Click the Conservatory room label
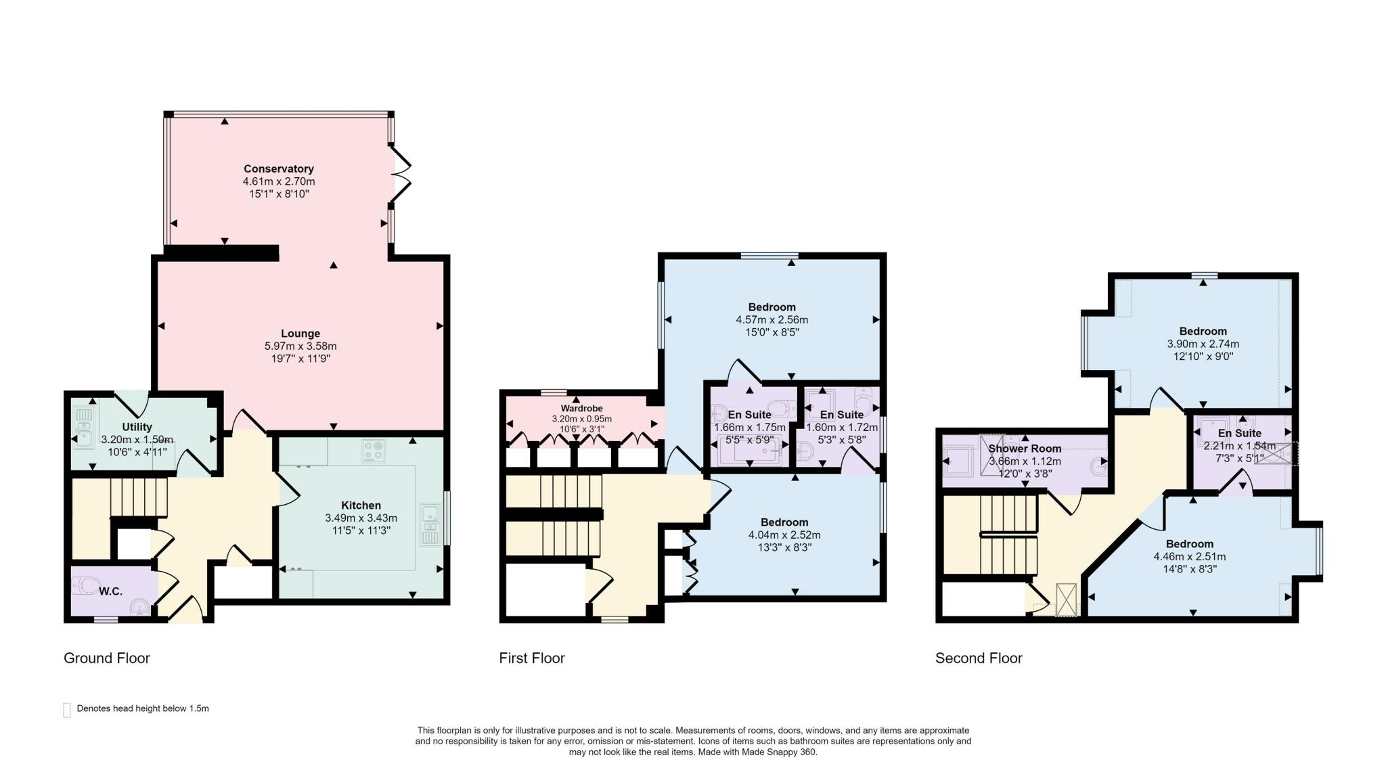pyautogui.click(x=279, y=168)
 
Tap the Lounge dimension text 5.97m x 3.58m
pyautogui.click(x=300, y=346)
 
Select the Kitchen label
pyautogui.click(x=361, y=505)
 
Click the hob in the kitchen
pyautogui.click(x=373, y=451)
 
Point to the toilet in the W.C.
pyautogui.click(x=87, y=585)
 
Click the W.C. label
pyautogui.click(x=111, y=591)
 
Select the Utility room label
pyautogui.click(x=137, y=427)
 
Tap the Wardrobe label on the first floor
pyautogui.click(x=581, y=409)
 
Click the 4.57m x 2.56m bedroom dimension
pyautogui.click(x=772, y=319)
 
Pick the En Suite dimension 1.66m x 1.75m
pyautogui.click(x=750, y=428)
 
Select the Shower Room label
pyautogui.click(x=1025, y=449)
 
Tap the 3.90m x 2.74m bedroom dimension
pyautogui.click(x=1203, y=344)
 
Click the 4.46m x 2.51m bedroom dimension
pyautogui.click(x=1190, y=557)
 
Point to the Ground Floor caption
pyautogui.click(x=107, y=658)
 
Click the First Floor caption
pyautogui.click(x=532, y=658)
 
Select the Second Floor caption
pyautogui.click(x=979, y=658)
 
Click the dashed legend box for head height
pyautogui.click(x=67, y=710)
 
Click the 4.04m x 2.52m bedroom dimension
pyautogui.click(x=784, y=535)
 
